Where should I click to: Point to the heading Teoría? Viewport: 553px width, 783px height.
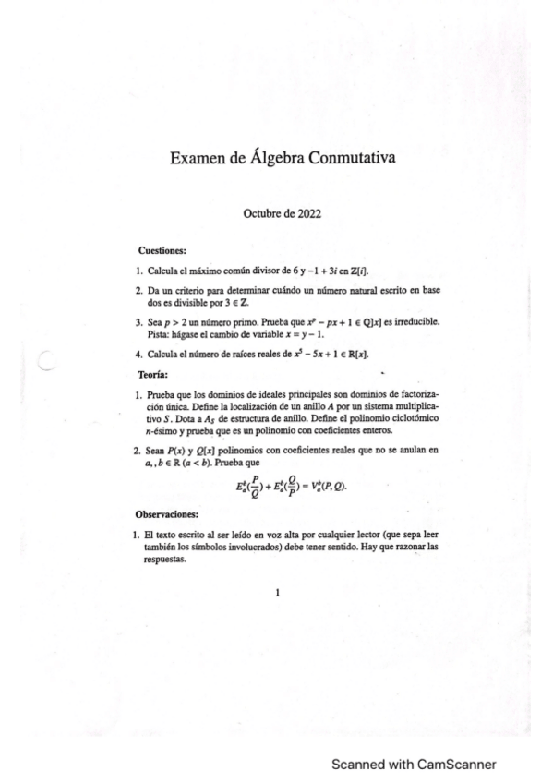pos(152,374)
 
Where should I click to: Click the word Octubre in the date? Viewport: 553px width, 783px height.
pos(261,212)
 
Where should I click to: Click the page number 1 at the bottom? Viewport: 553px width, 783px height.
pos(277,594)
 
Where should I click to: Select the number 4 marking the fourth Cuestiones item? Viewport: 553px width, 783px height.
pos(138,355)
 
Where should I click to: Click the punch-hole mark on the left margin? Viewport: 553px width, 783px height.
pos(51,364)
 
